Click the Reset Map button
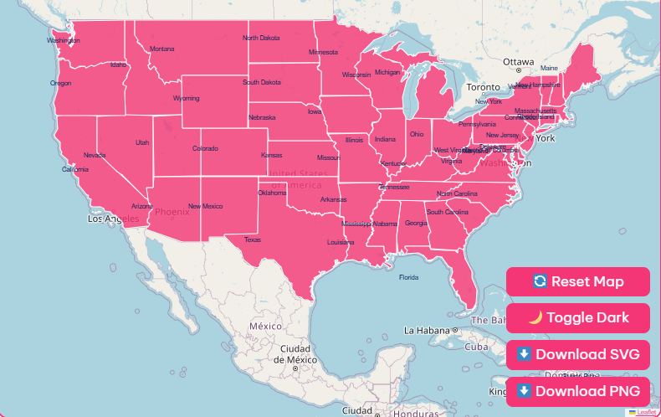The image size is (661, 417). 577,281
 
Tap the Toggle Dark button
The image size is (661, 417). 577,318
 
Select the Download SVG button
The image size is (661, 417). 577,354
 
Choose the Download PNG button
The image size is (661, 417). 577,391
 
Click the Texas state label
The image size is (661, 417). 253,239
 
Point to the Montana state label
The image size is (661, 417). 162,49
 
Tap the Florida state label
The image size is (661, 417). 408,277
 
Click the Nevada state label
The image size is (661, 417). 95,155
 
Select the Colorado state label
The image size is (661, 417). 205,149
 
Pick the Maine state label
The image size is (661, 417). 549,69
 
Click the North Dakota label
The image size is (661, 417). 261,38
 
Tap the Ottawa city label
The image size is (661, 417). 518,62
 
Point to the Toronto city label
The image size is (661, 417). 483,87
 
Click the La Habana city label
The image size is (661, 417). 428,330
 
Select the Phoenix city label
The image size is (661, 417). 172,212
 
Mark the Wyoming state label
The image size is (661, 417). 187,99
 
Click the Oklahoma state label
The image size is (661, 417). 272,193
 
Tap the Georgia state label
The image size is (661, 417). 416,224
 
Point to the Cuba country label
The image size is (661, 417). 476,347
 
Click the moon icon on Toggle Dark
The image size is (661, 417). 535,318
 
